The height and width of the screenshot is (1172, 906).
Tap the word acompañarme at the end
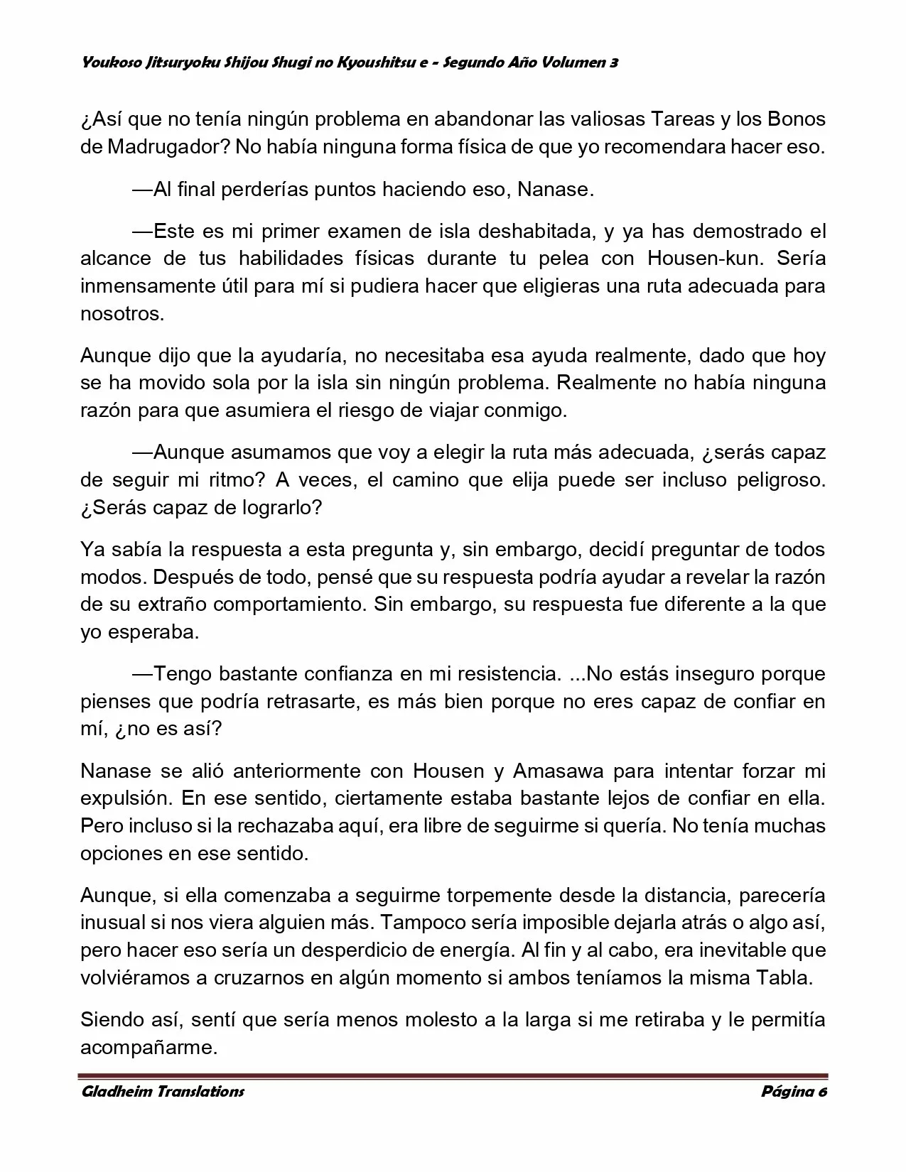(x=148, y=1048)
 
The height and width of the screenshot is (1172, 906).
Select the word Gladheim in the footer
(x=115, y=1092)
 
